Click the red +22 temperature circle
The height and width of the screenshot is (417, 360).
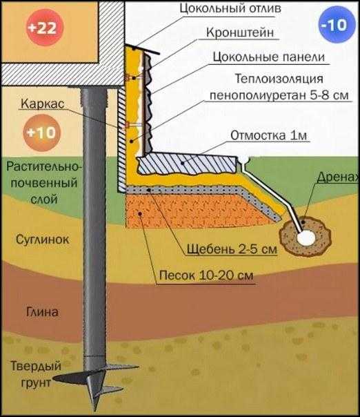pyautogui.click(x=45, y=27)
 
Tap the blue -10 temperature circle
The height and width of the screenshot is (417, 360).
pyautogui.click(x=337, y=25)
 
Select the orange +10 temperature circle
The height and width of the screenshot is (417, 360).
pyautogui.click(x=41, y=133)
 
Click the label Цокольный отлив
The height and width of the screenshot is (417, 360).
pyautogui.click(x=230, y=8)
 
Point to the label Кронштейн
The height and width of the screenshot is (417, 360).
pyautogui.click(x=240, y=32)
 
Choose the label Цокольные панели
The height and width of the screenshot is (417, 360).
pyautogui.click(x=269, y=57)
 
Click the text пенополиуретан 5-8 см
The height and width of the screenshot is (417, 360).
pyautogui.click(x=279, y=95)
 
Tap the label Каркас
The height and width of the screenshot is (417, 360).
pyautogui.click(x=43, y=103)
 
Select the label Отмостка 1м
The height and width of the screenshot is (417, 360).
pyautogui.click(x=268, y=135)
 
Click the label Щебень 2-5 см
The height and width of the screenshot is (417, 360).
pyautogui.click(x=232, y=249)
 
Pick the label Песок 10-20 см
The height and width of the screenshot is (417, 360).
pyautogui.click(x=206, y=275)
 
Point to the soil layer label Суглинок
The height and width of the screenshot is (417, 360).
pyautogui.click(x=43, y=240)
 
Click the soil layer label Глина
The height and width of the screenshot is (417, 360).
pyautogui.click(x=43, y=311)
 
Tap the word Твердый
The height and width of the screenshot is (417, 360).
pyautogui.click(x=36, y=367)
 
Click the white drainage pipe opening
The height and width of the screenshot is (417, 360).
pyautogui.click(x=306, y=237)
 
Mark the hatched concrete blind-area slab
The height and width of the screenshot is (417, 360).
pyautogui.click(x=188, y=164)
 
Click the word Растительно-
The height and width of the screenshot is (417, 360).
pyautogui.click(x=43, y=167)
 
